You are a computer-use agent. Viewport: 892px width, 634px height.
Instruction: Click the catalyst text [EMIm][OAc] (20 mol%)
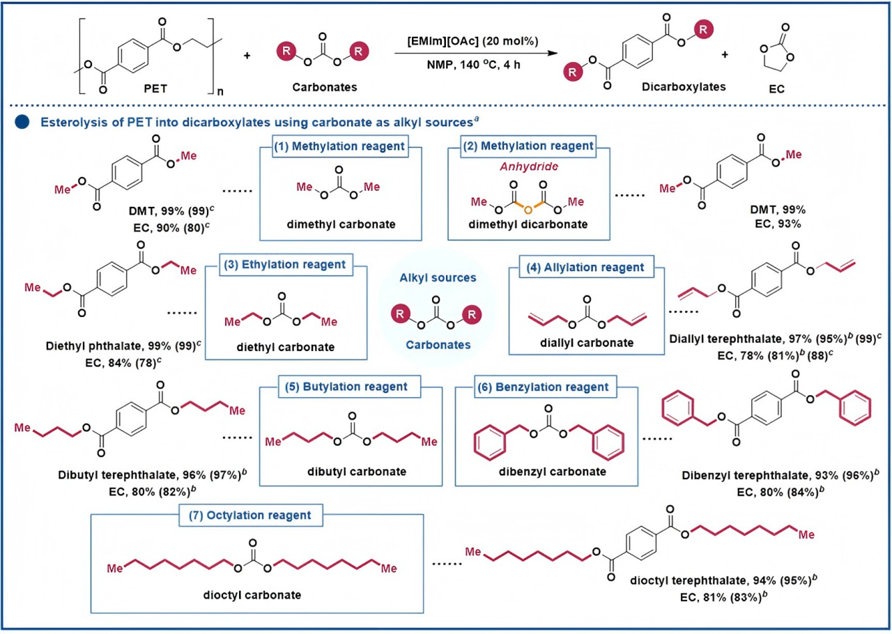pyautogui.click(x=475, y=40)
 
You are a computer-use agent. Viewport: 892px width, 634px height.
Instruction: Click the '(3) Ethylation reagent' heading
pyautogui.click(x=286, y=265)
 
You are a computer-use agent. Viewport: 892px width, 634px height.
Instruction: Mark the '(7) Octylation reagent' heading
pyautogui.click(x=257, y=516)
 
